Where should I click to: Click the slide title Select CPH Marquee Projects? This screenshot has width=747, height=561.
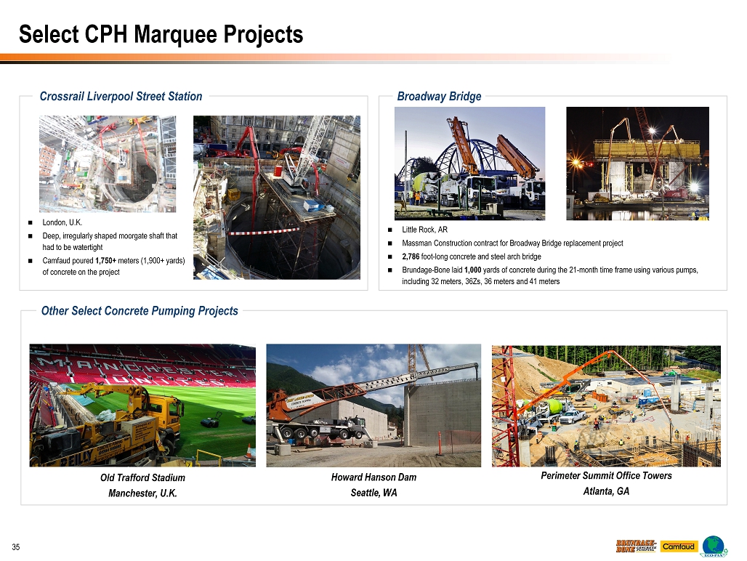pos(161,34)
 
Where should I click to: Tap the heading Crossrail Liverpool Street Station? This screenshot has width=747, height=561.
pos(121,96)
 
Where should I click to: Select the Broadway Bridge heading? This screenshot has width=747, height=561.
pos(439,96)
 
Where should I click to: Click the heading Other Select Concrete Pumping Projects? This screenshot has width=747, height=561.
pos(140,310)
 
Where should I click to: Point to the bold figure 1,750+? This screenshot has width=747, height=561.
pos(106,260)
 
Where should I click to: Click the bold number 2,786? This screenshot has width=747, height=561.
pos(411,257)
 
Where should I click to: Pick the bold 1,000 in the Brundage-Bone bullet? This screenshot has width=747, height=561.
pos(472,270)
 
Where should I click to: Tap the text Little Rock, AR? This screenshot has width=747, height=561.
pos(424,230)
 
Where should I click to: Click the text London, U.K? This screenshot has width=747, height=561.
pos(62,222)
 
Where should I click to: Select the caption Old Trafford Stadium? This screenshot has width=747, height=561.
pos(142,477)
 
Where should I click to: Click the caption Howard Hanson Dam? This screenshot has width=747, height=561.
pos(374,477)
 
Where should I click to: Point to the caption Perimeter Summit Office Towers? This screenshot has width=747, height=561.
pos(606,475)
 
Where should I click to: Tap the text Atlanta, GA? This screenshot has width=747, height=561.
pos(606,491)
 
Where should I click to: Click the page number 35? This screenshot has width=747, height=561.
pos(16,546)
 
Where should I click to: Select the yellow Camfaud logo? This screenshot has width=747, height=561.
pos(679,546)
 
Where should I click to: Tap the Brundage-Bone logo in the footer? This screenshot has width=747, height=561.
pos(636,546)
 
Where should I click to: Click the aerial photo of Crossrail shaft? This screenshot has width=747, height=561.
pos(108,164)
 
